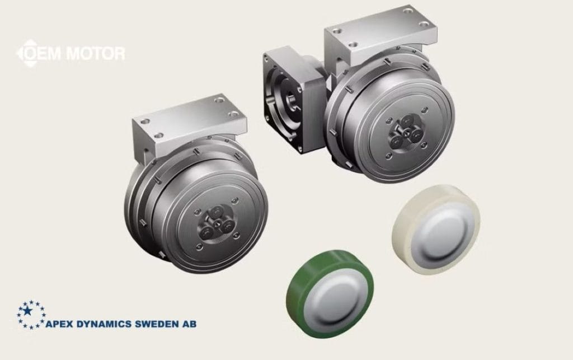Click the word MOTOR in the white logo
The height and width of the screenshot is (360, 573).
pyautogui.click(x=96, y=53)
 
